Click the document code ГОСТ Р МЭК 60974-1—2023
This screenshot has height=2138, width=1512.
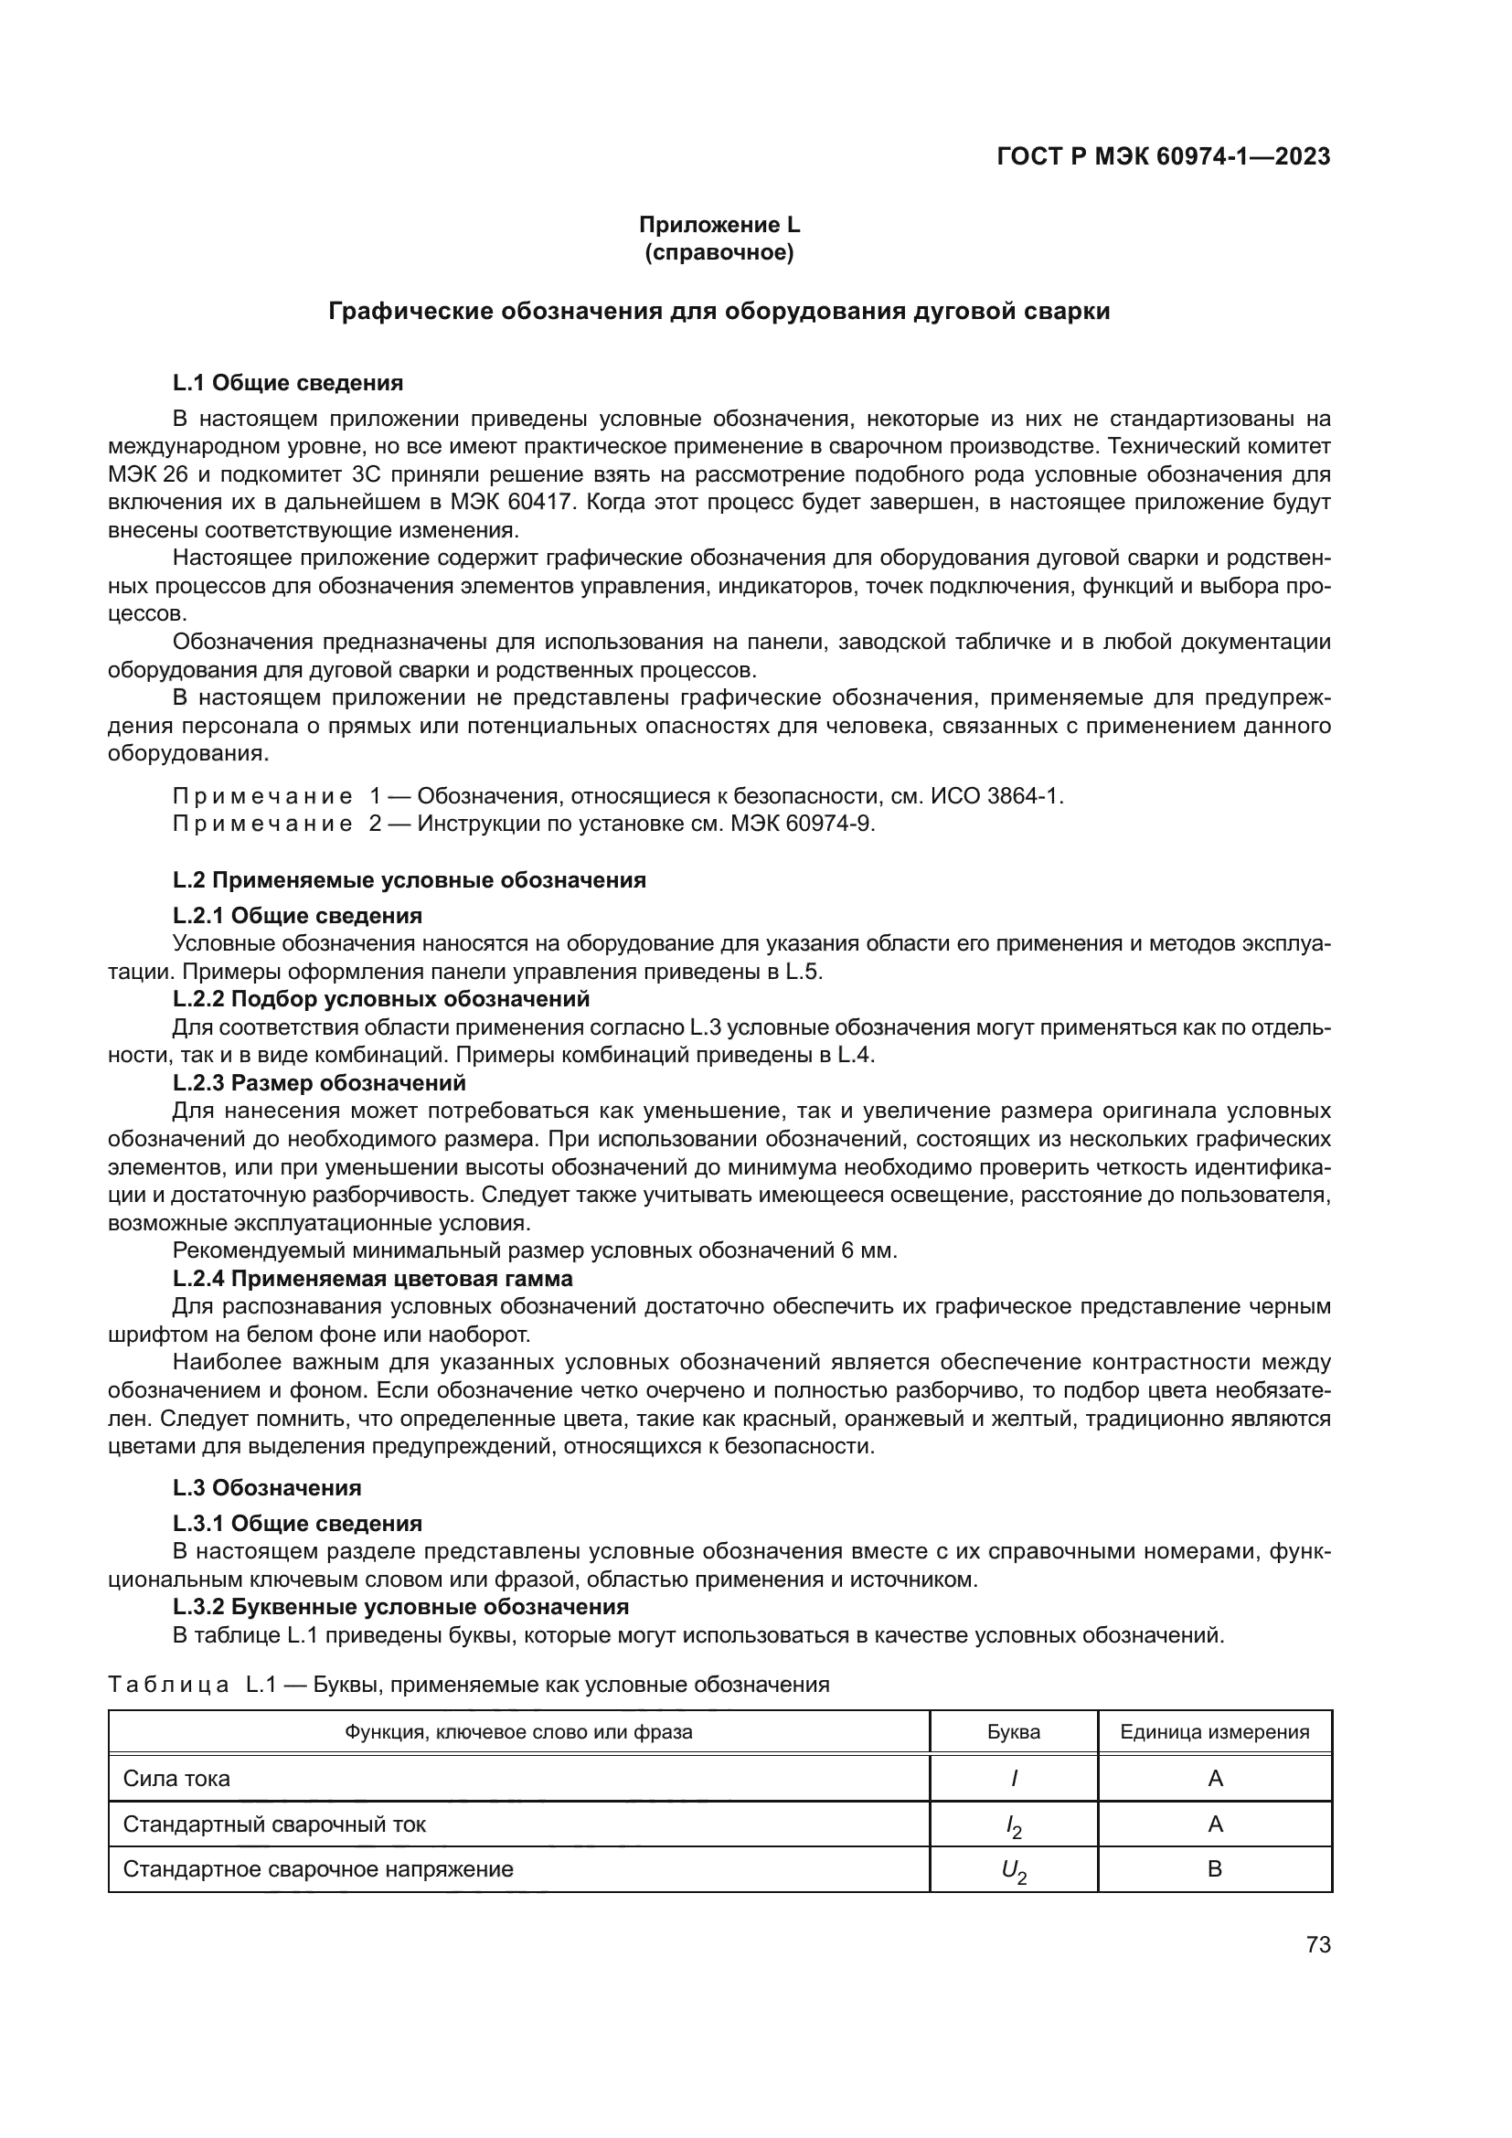[x=1163, y=156]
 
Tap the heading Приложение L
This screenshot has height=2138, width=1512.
[x=719, y=225]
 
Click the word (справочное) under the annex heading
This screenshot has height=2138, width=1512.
[x=719, y=252]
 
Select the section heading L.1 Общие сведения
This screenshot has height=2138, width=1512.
[x=288, y=383]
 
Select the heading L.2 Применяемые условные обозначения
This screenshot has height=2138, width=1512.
[x=409, y=880]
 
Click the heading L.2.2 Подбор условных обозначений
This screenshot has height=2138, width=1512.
[x=381, y=999]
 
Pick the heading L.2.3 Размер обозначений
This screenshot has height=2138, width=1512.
[x=319, y=1083]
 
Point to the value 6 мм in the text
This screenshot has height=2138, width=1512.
[x=868, y=1250]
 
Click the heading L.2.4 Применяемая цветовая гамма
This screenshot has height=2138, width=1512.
[x=372, y=1279]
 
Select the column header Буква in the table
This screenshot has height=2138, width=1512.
[x=1013, y=1732]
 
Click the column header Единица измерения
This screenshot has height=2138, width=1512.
[x=1214, y=1732]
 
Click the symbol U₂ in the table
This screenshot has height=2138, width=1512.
[x=1013, y=1871]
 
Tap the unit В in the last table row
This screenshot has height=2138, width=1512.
[x=1214, y=1869]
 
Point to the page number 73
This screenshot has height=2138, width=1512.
[x=1317, y=1945]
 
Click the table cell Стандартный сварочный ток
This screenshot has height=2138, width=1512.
[x=274, y=1824]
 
